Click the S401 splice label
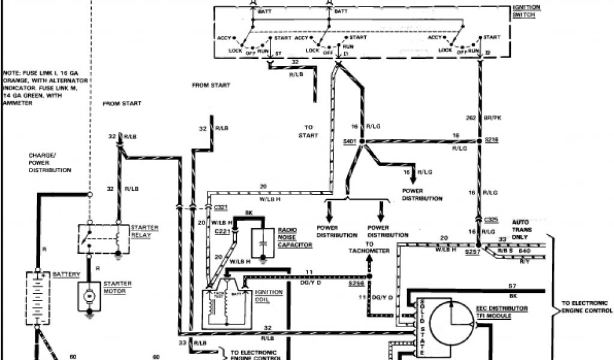350,142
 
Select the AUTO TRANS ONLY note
520,229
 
